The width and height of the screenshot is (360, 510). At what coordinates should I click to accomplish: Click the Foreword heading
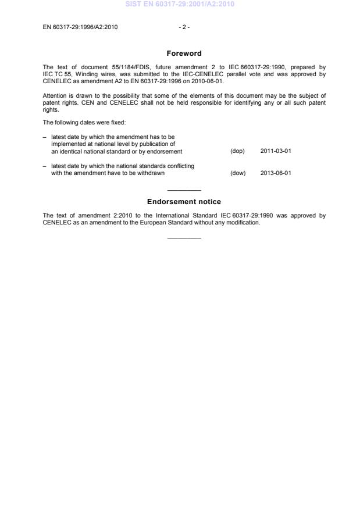(184, 54)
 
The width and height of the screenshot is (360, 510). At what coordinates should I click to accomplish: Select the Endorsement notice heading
(184, 202)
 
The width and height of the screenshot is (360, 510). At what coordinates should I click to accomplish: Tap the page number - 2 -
(184, 27)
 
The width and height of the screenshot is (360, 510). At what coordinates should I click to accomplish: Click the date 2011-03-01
(275, 151)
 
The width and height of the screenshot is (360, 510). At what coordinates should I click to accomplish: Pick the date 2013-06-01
(275, 173)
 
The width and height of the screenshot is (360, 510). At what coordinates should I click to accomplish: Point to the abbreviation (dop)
(238, 151)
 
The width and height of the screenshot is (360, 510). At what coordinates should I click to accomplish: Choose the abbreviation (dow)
(238, 173)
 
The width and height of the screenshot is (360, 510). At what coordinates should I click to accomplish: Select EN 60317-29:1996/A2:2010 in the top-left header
(80, 27)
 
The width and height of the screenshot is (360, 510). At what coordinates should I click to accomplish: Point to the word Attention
(55, 95)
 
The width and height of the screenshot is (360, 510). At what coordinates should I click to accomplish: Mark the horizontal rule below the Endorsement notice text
(184, 237)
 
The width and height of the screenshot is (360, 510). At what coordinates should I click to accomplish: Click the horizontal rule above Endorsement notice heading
(184, 191)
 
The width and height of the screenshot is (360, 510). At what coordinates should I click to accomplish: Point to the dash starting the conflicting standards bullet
(45, 166)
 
